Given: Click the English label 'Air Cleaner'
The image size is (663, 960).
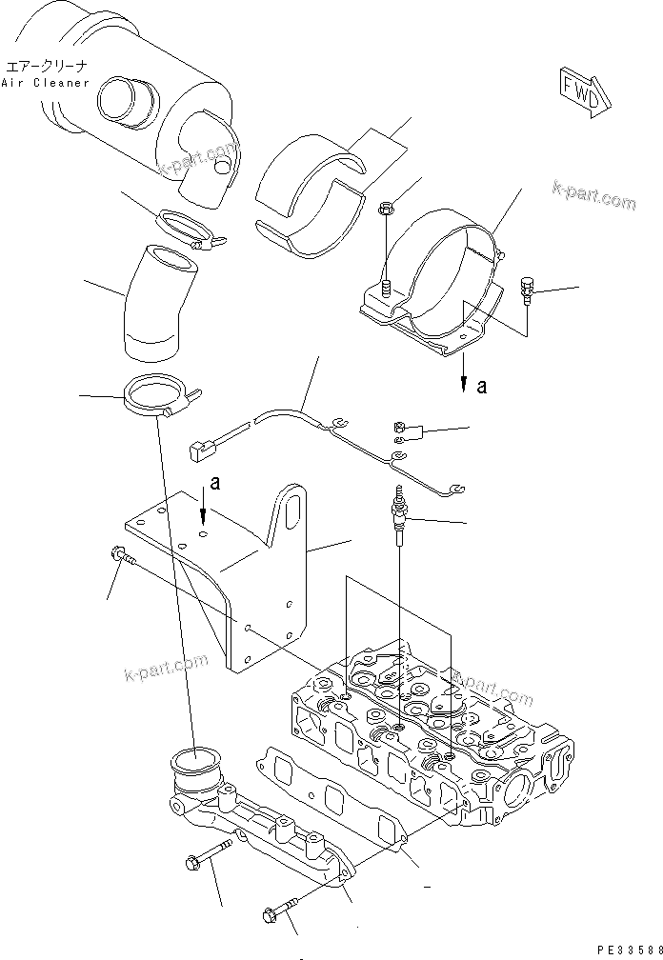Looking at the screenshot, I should (45, 82).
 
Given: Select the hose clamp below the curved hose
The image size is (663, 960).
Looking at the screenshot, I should (156, 397).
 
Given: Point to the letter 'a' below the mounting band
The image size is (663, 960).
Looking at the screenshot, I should (481, 387).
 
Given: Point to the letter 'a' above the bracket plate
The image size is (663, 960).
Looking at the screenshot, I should (215, 484).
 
